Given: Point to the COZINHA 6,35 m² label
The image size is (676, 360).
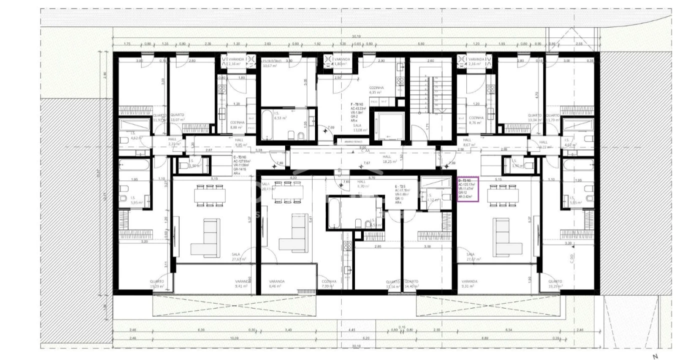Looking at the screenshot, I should [x=376, y=89].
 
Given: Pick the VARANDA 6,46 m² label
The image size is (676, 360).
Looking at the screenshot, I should [x=277, y=284].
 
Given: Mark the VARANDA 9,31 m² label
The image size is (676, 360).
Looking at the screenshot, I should [x=469, y=284].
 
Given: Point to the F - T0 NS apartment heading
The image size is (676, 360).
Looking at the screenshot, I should [x=357, y=104].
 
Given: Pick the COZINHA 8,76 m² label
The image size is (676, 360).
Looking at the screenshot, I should [x=476, y=120].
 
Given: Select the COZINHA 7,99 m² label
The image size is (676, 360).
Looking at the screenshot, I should [x=329, y=284].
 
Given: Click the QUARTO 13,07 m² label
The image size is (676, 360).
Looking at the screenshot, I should [x=177, y=117].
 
